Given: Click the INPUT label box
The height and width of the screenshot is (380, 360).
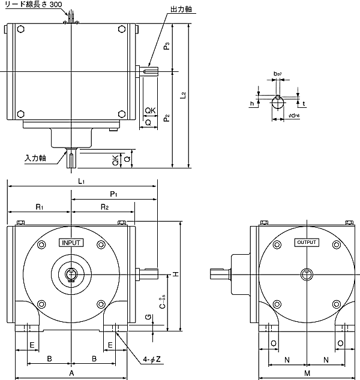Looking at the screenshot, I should click(71, 243).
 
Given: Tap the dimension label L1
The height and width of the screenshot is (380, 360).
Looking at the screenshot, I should click(82, 181).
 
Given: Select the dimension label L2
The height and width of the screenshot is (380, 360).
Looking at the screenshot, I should click(184, 95).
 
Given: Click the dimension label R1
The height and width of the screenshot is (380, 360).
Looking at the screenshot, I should click(39, 207).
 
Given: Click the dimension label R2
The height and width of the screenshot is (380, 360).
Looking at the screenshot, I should click(104, 207).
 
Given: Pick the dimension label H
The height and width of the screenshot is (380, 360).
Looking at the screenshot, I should click(176, 274).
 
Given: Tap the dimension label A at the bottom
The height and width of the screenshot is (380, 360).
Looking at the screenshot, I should click(71, 373).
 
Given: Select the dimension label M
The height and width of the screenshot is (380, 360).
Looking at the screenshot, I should click(307, 373).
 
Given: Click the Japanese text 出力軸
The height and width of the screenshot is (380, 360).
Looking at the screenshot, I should click(181, 10).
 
